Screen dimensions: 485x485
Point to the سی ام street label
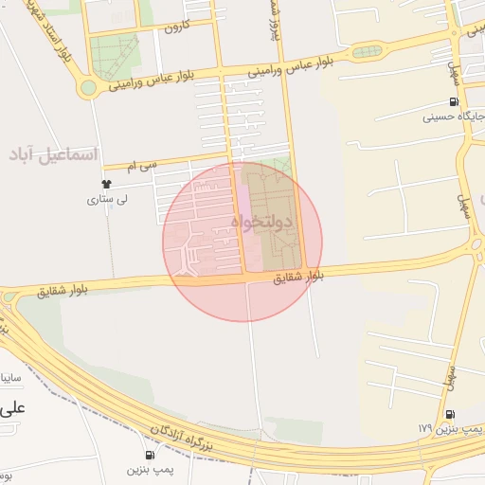[x=145, y=167]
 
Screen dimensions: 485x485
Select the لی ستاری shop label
[x=106, y=200]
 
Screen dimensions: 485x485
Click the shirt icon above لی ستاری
[x=106, y=184]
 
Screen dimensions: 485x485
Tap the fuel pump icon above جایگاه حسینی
[x=454, y=102]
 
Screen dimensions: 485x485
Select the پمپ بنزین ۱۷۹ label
[x=437, y=428]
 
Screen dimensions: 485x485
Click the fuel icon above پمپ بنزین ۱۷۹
[x=449, y=414]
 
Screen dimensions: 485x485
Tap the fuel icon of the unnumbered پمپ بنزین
[x=150, y=455]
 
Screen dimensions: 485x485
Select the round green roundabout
[x=88, y=88]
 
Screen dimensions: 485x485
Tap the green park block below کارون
[x=115, y=57]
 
